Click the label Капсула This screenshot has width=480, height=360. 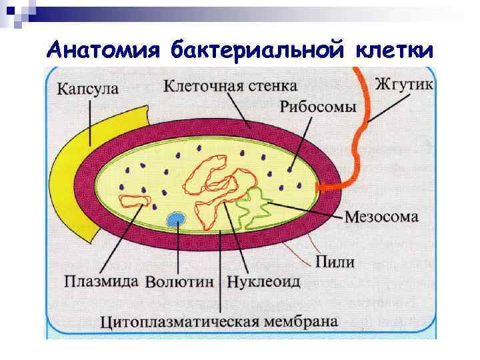[88, 89]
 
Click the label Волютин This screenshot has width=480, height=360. [179, 281]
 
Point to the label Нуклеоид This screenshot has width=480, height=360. [264, 281]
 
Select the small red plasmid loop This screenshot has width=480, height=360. [135, 201]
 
